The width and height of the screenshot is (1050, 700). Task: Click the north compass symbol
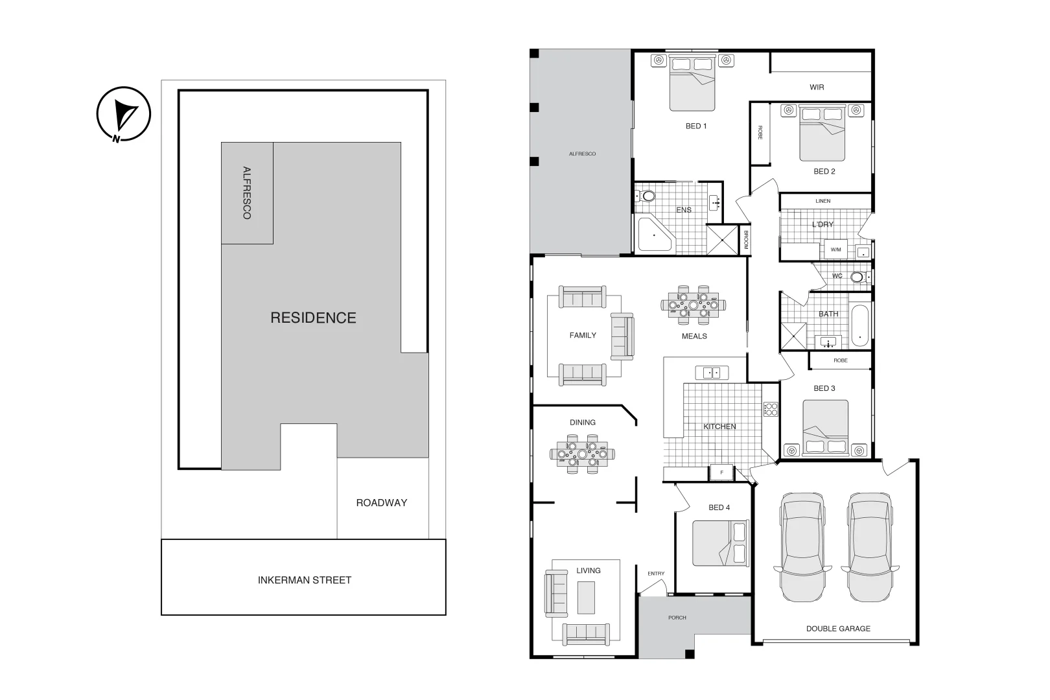(x=123, y=115)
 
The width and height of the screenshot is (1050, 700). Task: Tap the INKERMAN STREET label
(x=304, y=580)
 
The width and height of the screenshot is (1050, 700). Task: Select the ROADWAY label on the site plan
(x=381, y=502)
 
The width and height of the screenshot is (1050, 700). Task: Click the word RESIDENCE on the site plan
(x=313, y=318)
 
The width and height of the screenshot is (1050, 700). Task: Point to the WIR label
(x=817, y=87)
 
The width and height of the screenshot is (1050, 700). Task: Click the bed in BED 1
(x=692, y=83)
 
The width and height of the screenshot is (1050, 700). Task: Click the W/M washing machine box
(x=835, y=250)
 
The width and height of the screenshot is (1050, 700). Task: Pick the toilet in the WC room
(x=857, y=277)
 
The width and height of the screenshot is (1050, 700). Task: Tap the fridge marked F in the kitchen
(x=721, y=473)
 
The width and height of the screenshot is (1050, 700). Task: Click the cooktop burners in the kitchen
(x=771, y=409)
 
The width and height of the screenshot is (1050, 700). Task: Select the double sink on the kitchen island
(x=712, y=373)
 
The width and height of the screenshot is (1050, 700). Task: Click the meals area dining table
(x=694, y=304)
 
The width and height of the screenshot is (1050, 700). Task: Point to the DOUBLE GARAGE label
(x=838, y=628)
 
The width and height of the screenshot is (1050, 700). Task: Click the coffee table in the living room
(x=586, y=598)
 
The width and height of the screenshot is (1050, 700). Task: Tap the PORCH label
(x=677, y=618)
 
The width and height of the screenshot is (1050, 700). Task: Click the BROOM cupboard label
(x=745, y=239)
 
